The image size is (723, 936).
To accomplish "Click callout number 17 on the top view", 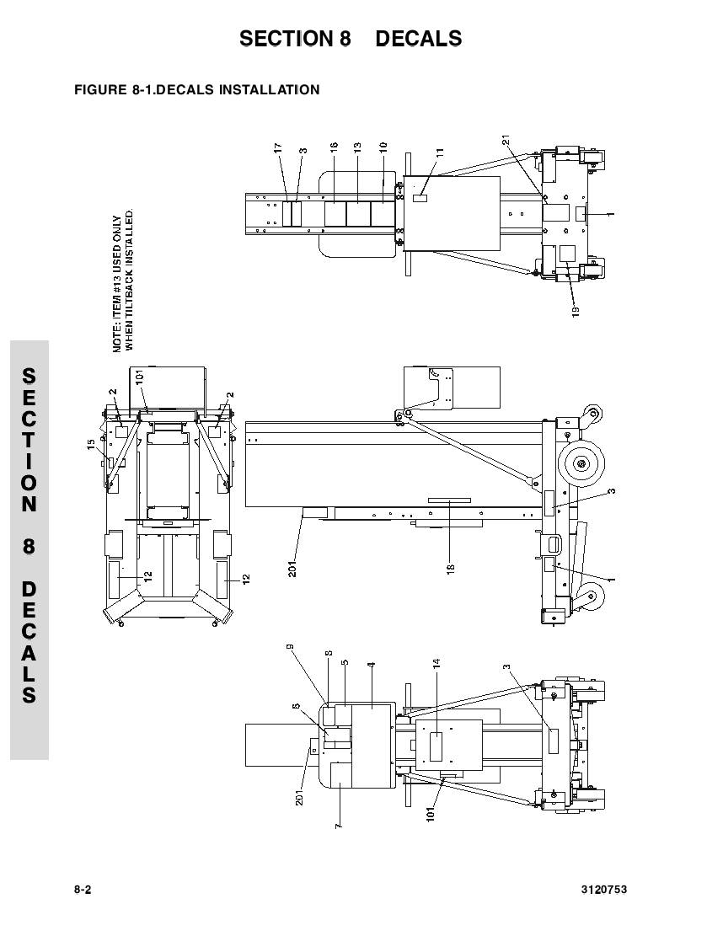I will pyautogui.click(x=278, y=147).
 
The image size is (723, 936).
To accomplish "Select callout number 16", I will pyautogui.click(x=335, y=147).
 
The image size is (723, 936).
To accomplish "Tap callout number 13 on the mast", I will pyautogui.click(x=357, y=147).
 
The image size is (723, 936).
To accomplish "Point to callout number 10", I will pyautogui.click(x=383, y=147).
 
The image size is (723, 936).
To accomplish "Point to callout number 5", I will pyautogui.click(x=345, y=663).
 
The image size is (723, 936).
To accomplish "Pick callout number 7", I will pyautogui.click(x=338, y=826).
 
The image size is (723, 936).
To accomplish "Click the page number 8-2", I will pyautogui.click(x=82, y=890).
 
